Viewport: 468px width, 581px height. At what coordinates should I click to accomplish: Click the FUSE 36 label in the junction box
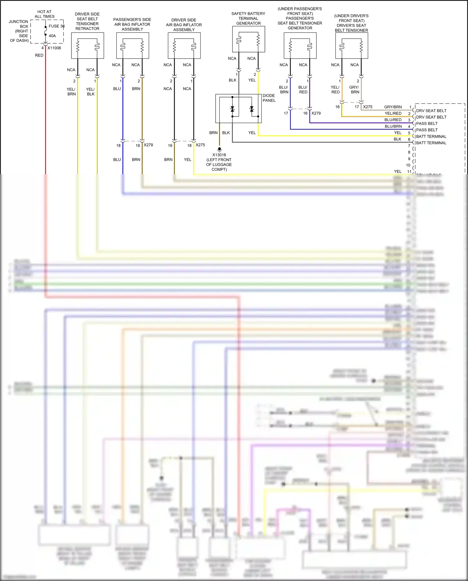56,26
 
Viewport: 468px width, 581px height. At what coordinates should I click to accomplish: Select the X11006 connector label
54,48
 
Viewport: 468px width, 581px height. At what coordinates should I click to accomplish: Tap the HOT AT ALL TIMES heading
44,14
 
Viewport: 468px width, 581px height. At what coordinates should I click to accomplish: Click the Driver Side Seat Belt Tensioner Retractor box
87,46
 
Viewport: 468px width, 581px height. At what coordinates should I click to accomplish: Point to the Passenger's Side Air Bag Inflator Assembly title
132,24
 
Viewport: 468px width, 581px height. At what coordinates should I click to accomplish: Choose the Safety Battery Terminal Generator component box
248,39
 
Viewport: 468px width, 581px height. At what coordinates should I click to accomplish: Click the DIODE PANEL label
269,98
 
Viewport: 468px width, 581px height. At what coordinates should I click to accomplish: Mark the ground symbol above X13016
219,149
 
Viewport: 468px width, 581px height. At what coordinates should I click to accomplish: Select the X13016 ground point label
219,155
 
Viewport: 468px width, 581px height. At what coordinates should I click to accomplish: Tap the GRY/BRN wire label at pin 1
393,107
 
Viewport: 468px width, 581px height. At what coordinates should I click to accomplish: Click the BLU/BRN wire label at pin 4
393,126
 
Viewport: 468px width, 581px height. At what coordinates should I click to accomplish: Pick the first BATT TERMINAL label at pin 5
431,136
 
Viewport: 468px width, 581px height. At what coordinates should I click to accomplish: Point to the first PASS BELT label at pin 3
427,124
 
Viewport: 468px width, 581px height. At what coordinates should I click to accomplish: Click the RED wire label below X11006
39,56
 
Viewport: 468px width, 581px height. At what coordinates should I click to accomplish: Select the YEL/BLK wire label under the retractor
90,91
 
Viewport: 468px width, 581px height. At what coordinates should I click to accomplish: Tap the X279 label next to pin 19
148,145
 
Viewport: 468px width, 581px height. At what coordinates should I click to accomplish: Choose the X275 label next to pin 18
200,145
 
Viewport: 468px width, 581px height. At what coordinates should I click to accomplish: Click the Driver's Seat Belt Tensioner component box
352,46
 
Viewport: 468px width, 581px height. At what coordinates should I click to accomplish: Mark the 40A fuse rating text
52,36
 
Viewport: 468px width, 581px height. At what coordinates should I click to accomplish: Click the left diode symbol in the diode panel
232,109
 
